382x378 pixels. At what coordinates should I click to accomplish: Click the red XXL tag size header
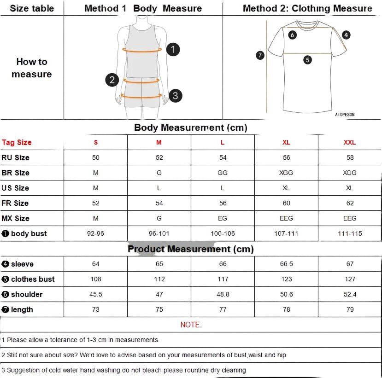[350, 142]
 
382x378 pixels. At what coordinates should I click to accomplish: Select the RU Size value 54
[223, 157]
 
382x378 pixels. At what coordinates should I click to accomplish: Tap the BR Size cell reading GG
[223, 173]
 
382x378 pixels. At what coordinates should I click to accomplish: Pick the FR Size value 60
[286, 203]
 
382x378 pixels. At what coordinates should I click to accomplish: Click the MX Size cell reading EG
[223, 218]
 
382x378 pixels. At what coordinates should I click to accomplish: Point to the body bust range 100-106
[223, 233]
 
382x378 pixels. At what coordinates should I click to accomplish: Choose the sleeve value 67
[350, 264]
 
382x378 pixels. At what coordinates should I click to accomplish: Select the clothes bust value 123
[286, 279]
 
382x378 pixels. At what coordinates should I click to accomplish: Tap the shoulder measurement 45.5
[95, 294]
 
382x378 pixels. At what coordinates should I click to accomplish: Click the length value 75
[159, 309]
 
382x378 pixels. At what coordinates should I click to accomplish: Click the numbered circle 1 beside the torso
[173, 49]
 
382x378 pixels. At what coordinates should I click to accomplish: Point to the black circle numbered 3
[175, 96]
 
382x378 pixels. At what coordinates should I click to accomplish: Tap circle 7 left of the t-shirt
[260, 55]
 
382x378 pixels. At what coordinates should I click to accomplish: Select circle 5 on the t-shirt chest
[308, 59]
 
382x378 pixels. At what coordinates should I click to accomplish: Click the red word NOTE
[191, 325]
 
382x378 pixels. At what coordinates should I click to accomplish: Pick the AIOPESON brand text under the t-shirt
[345, 115]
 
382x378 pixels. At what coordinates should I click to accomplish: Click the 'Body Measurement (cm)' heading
[191, 128]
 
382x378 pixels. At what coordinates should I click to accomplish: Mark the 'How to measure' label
[32, 68]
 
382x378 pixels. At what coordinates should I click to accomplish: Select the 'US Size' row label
[15, 188]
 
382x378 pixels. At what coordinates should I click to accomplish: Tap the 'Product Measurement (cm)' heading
[191, 249]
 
